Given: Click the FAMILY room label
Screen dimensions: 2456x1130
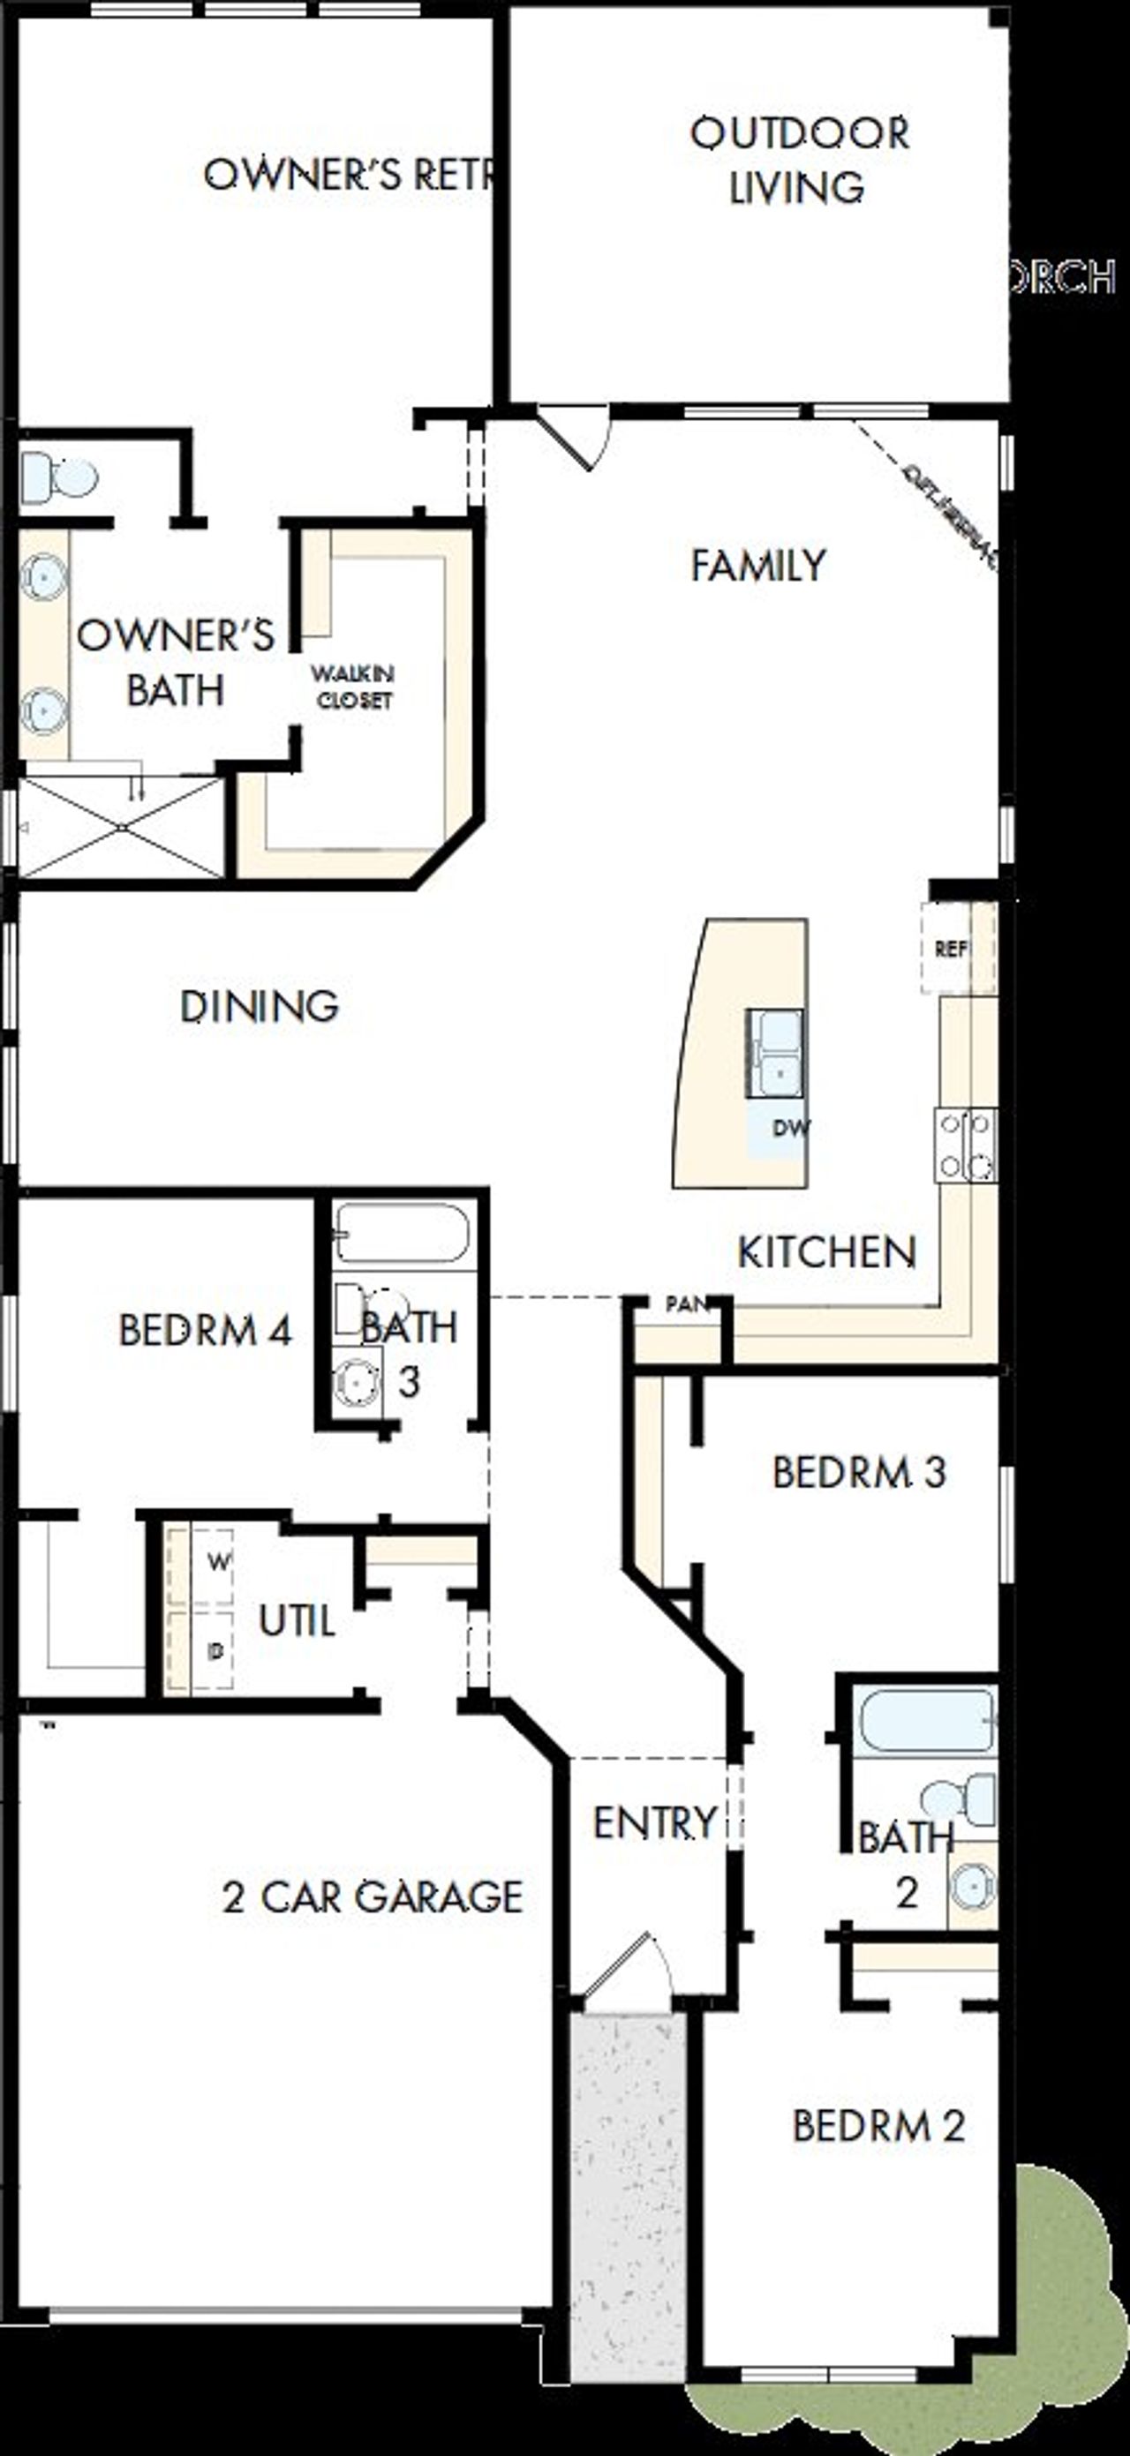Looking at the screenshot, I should [758, 566].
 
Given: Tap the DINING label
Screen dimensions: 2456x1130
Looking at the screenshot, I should [260, 1007].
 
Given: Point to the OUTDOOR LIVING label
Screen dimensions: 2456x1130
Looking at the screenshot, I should [799, 161].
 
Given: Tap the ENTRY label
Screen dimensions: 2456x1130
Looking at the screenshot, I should [654, 1823].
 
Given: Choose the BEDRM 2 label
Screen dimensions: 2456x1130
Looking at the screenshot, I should [878, 2125].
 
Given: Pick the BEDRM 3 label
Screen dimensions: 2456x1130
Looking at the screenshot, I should [858, 1472].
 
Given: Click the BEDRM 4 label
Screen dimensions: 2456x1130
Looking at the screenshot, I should [205, 1330].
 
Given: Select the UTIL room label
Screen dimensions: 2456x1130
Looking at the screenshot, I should [297, 1621].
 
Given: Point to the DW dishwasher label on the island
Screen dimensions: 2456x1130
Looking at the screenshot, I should [790, 1129].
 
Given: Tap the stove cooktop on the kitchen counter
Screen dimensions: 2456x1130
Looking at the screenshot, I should [966, 1145].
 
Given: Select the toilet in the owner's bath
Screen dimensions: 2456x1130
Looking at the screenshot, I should [59, 475].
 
